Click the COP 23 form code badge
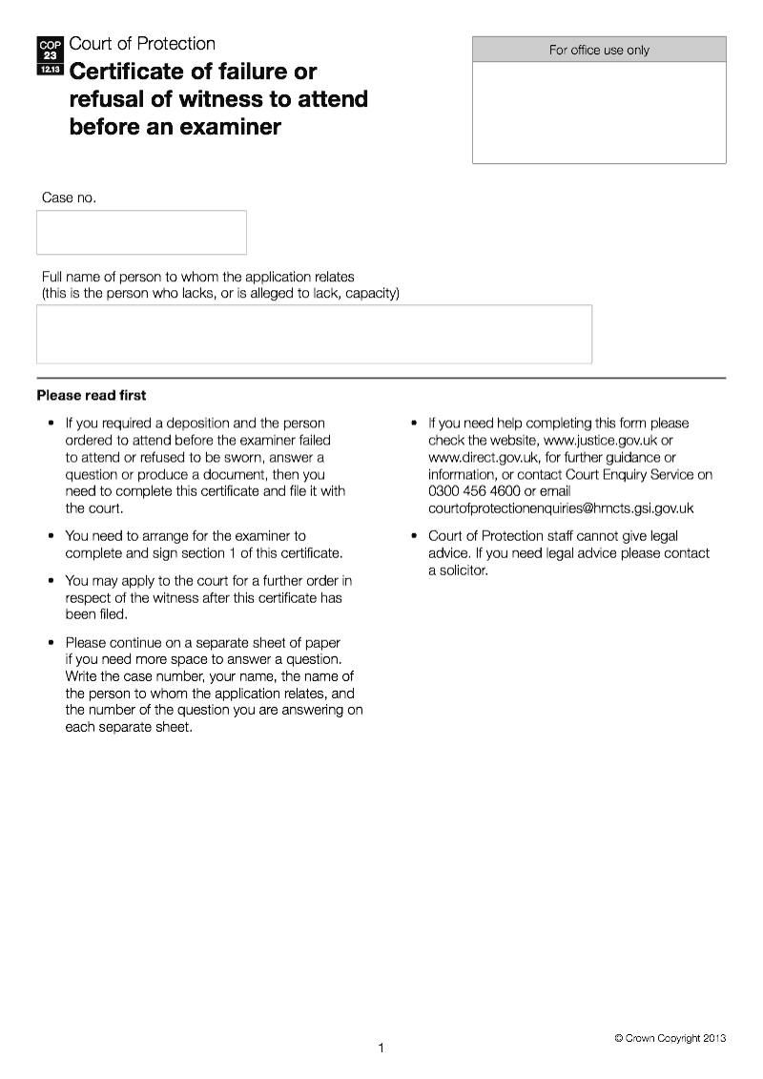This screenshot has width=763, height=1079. tap(51, 55)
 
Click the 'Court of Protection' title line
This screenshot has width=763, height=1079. tap(142, 44)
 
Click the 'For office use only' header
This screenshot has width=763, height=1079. tap(599, 50)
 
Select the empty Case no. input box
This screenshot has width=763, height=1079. tap(141, 233)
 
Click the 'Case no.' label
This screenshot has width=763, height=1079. tap(69, 197)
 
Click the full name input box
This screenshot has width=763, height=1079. tap(314, 334)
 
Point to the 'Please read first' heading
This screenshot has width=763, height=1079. tap(92, 395)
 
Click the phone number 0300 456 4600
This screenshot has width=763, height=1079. tap(474, 491)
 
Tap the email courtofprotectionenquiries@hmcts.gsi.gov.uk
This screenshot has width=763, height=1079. tap(561, 508)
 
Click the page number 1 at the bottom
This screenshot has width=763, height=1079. tap(381, 1048)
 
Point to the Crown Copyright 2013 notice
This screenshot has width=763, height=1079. tap(670, 1038)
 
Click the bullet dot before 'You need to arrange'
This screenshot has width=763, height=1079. tap(51, 536)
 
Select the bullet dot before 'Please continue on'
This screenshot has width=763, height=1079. tap(51, 643)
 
